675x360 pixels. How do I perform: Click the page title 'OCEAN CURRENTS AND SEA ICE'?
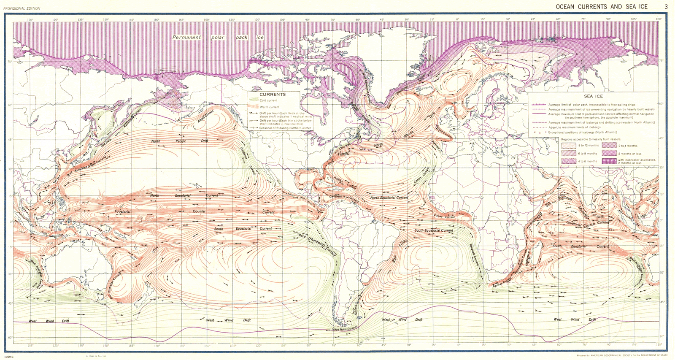[x=602, y=6]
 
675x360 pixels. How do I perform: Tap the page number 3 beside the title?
[x=666, y=6]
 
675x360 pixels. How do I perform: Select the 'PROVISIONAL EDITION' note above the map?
[x=22, y=8]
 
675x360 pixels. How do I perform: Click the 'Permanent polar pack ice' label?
[x=218, y=38]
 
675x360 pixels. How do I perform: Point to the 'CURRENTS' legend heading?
[x=273, y=95]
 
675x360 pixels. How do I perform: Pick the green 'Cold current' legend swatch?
[x=254, y=100]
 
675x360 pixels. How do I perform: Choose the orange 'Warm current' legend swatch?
[x=254, y=107]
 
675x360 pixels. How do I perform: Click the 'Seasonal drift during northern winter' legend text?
[x=280, y=128]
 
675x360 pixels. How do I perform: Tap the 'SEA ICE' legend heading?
[x=593, y=96]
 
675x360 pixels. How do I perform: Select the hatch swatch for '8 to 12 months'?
[x=568, y=146]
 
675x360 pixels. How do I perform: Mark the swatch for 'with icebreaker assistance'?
[x=610, y=161]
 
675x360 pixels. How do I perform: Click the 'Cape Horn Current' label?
[x=345, y=328]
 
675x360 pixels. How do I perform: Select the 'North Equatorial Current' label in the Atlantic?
[x=389, y=198]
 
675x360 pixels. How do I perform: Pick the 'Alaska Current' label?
[x=206, y=117]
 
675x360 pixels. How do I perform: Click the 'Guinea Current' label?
[x=444, y=217]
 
